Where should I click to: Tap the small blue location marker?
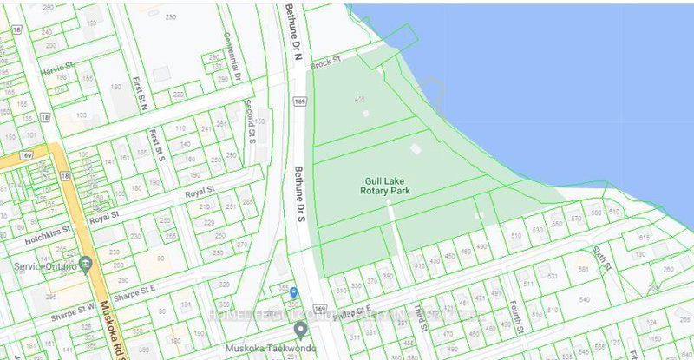[293, 293]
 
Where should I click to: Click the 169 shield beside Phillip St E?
[321, 309]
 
